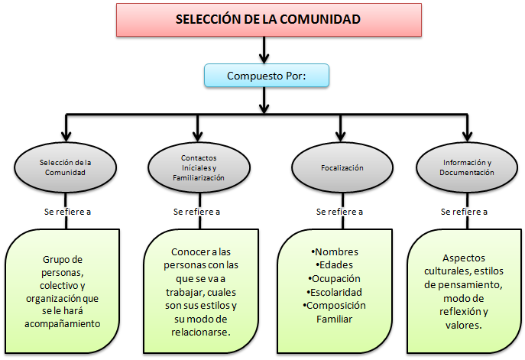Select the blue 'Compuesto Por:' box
tap(266, 76)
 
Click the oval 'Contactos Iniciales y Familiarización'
tap(197, 167)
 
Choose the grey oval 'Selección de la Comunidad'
tap(65, 167)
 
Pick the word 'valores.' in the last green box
tap(465, 323)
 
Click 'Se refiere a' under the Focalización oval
tap(339, 212)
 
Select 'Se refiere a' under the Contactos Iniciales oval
tap(197, 212)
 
